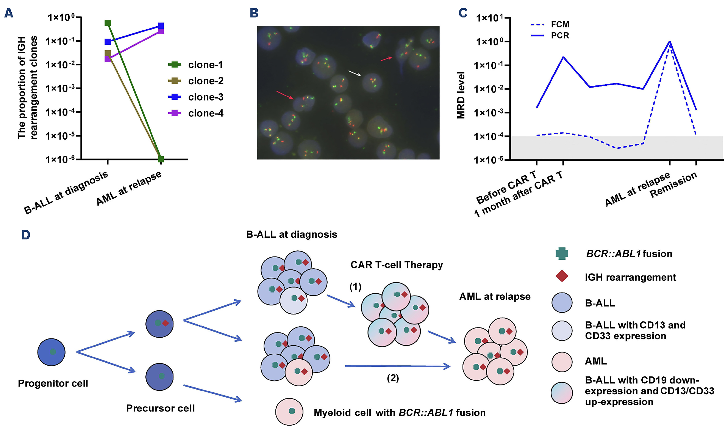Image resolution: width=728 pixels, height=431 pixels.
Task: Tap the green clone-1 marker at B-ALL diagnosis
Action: tap(108, 23)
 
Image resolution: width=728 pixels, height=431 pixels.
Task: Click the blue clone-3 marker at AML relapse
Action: tap(161, 26)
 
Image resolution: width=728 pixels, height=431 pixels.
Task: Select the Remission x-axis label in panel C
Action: tap(673, 185)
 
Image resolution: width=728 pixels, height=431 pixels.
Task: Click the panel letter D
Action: tap(26, 235)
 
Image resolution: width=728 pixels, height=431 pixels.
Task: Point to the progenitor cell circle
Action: tap(51, 352)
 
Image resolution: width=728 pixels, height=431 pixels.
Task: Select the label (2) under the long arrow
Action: tap(393, 378)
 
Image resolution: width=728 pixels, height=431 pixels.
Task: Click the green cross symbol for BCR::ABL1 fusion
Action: tap(562, 254)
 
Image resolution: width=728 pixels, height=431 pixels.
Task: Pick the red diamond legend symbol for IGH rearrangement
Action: tap(562, 276)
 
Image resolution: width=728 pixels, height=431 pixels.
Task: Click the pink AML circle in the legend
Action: tap(562, 362)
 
